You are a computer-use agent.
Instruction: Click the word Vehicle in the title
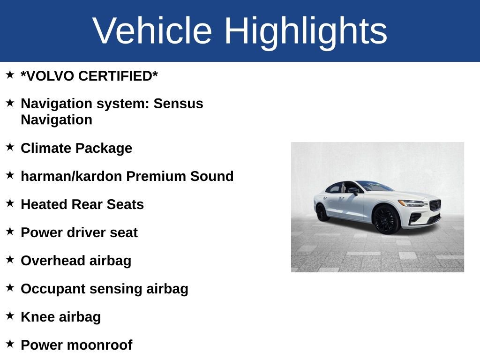tap(152, 31)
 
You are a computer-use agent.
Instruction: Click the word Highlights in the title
tap(306, 31)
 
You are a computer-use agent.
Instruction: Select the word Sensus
tap(179, 104)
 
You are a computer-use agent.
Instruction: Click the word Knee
tap(38, 317)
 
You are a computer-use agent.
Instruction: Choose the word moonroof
tap(100, 345)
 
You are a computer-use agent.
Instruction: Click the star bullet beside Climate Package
tap(10, 147)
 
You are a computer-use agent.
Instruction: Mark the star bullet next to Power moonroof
tap(10, 344)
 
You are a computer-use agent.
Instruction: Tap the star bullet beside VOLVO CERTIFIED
tap(10, 75)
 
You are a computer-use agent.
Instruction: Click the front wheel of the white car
tap(386, 219)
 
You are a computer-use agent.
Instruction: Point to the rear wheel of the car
tap(322, 212)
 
